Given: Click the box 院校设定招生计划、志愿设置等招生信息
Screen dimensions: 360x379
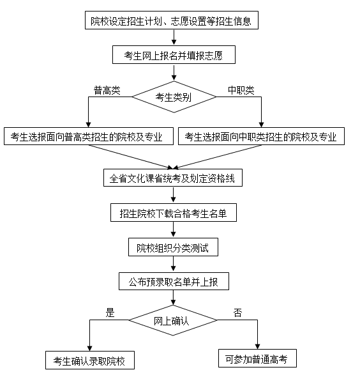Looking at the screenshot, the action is pos(172,20).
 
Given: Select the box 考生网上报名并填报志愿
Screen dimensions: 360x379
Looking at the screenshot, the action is pos(174,55).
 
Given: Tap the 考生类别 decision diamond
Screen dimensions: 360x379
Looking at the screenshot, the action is pos(174,97).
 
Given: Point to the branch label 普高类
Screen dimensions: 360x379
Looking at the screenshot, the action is pos(107,91).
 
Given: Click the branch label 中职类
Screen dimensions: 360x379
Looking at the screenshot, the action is pos(241,90).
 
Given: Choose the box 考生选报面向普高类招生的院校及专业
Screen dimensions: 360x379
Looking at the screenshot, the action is pos(89,136).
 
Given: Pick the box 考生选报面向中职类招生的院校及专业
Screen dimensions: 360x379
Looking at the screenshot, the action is pos(261,136).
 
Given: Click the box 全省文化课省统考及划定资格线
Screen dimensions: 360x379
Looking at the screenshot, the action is pos(173,178).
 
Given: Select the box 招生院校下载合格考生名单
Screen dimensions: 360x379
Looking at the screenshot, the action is pos(174,213).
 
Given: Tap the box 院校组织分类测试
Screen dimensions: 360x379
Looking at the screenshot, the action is pos(173,247).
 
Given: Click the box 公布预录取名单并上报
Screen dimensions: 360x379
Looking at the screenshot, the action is pos(174,281).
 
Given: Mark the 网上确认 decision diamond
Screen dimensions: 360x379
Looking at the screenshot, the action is pos(173,320).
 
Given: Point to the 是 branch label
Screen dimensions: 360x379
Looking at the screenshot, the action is pos(110,313).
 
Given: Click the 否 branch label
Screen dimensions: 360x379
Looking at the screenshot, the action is pos(237,313).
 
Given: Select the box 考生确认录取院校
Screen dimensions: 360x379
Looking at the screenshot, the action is pos(90,360).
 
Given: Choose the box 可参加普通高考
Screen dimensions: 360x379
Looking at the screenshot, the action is pos(257,358).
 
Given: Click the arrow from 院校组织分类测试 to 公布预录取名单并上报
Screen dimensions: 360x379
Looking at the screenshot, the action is pos(173,264).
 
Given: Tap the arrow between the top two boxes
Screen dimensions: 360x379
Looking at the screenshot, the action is pos(174,38).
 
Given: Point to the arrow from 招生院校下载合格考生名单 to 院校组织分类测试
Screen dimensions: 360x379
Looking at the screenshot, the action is pos(173,230).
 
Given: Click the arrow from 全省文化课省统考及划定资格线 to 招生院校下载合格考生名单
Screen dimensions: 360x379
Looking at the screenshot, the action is pos(173,195).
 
